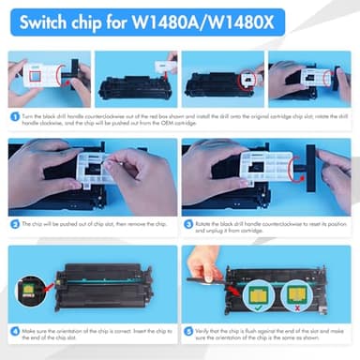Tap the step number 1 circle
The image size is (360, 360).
pos(15,117)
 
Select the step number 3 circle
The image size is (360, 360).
pos(188,223)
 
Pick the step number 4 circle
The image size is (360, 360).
pos(15,330)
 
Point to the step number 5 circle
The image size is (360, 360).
pos(188,330)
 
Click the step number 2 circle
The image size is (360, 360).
pos(15,223)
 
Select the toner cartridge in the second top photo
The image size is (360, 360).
pos(131,86)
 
